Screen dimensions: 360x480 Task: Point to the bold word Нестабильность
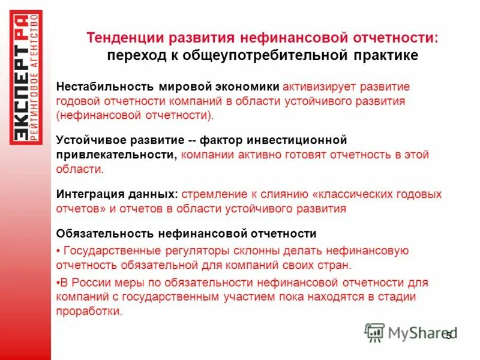tap(98, 86)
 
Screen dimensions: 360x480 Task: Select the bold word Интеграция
tap(89, 194)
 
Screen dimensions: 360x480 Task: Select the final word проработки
tap(89, 311)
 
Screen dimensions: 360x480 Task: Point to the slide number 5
tap(448, 335)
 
